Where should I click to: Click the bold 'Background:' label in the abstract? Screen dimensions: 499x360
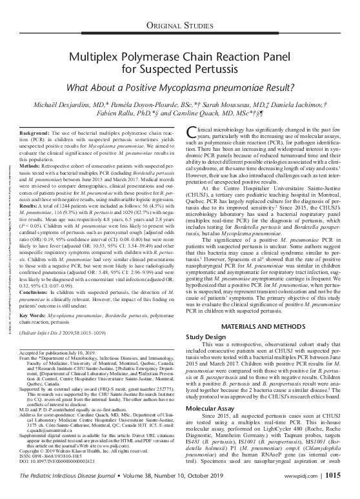pos(32,132)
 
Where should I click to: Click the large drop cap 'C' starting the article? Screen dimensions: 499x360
pos(190,134)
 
